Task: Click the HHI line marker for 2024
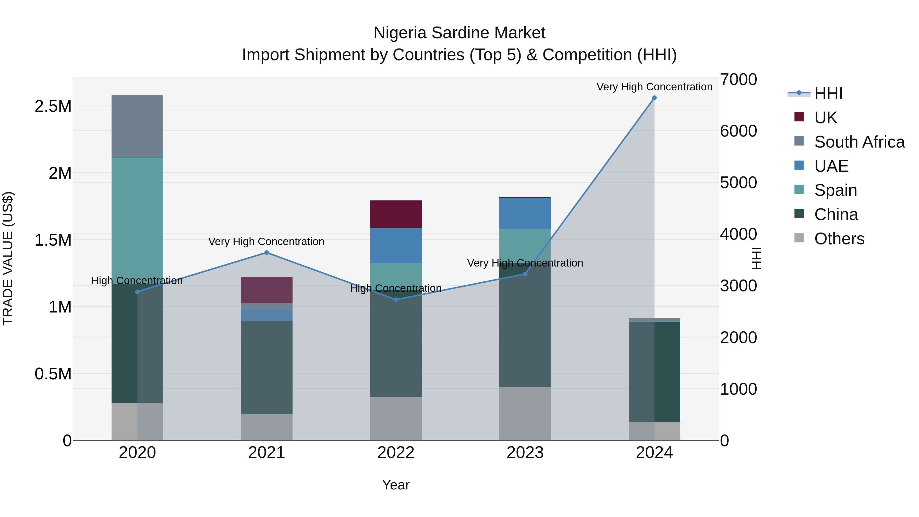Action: click(x=654, y=98)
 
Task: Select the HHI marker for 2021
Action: click(x=267, y=253)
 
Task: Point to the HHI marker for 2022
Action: click(x=396, y=299)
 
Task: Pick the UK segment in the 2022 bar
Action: click(x=396, y=214)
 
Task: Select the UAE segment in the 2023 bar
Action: click(x=525, y=213)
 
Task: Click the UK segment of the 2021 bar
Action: click(x=267, y=289)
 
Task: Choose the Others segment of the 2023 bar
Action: click(x=525, y=414)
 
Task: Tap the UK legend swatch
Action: click(x=799, y=117)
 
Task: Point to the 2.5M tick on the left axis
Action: click(x=53, y=106)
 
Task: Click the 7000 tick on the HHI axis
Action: click(x=738, y=80)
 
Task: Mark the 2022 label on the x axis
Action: click(x=396, y=453)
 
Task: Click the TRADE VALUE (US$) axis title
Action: click(x=8, y=258)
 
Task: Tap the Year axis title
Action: click(x=396, y=485)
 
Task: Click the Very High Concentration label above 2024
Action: click(x=654, y=87)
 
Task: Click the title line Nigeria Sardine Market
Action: click(x=459, y=33)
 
